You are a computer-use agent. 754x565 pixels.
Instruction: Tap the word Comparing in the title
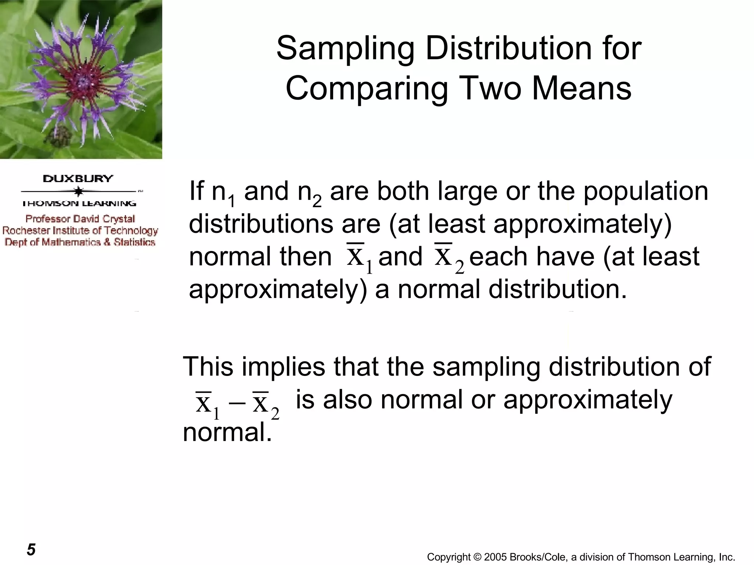point(367,89)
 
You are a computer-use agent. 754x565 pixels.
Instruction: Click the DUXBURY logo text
point(78,179)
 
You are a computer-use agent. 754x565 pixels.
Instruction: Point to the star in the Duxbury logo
point(78,192)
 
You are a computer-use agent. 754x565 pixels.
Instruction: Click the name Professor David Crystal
point(80,219)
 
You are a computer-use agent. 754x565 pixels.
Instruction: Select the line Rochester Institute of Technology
point(80,231)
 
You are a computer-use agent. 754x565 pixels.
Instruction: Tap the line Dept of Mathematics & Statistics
point(80,242)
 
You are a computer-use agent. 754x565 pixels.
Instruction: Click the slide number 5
point(31,549)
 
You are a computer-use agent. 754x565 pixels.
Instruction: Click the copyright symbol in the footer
point(477,557)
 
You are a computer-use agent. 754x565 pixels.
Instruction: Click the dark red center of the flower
point(84,79)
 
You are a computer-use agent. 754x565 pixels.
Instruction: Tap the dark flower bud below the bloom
point(59,136)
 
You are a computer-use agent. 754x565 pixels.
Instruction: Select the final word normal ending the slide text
point(227,433)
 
